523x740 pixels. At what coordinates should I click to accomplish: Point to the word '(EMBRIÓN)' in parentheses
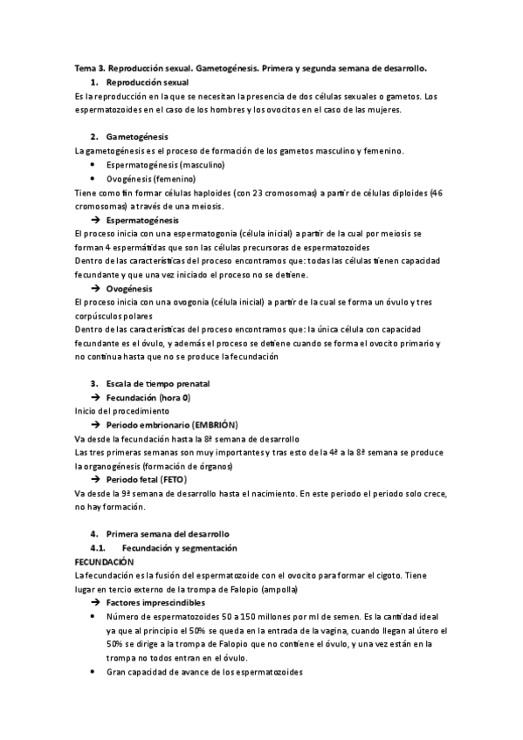click(207, 423)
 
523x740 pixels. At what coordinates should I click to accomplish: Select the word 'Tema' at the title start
click(85, 67)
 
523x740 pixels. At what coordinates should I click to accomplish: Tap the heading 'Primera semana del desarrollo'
click(166, 533)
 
